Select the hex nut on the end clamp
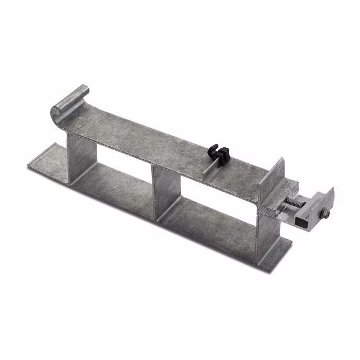(325, 213)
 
